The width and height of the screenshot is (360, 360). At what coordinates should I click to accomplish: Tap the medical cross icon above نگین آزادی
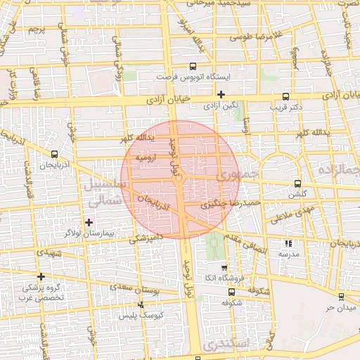pyautogui.click(x=221, y=94)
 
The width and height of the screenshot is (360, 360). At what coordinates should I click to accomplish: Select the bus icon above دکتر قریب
pyautogui.click(x=285, y=97)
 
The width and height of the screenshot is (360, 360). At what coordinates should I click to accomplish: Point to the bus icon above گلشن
pyautogui.click(x=298, y=182)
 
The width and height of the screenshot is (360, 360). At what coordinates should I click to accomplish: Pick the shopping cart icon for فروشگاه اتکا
pyautogui.click(x=224, y=267)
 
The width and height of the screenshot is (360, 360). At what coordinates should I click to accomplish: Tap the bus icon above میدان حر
pyautogui.click(x=342, y=296)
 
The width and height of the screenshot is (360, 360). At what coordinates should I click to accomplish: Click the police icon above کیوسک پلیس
pyautogui.click(x=141, y=304)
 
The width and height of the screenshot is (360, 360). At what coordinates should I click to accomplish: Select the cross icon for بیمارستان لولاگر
pyautogui.click(x=89, y=223)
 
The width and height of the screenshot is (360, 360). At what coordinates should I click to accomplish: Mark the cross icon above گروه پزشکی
pyautogui.click(x=41, y=276)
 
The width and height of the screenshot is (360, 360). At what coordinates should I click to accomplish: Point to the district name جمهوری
pyautogui.click(x=239, y=175)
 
